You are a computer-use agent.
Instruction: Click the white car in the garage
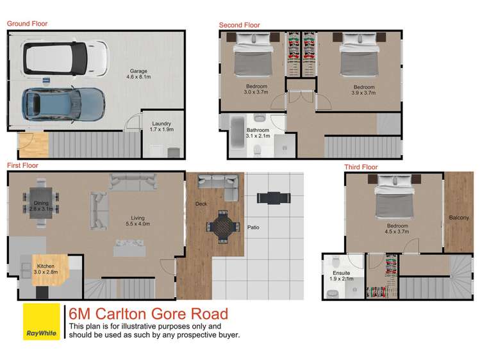(x=65, y=58)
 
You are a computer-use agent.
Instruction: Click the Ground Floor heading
(x=27, y=24)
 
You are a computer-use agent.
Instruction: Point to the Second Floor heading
(x=239, y=25)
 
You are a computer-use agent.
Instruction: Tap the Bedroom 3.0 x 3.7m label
(x=256, y=89)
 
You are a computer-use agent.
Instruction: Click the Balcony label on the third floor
(x=459, y=218)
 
